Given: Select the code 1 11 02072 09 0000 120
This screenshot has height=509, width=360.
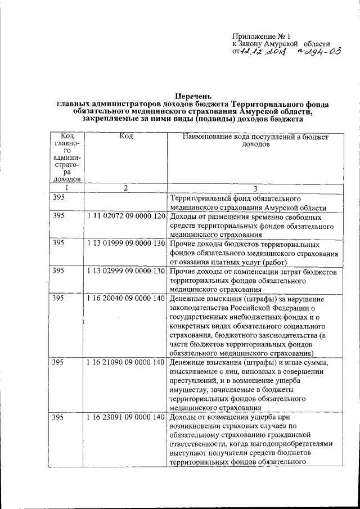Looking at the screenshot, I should (x=126, y=217).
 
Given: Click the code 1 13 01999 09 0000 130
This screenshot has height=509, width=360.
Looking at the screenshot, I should (x=126, y=244).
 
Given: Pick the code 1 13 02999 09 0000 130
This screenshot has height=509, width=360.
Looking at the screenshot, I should (x=126, y=271).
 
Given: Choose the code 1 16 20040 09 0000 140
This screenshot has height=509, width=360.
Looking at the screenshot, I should (x=126, y=299).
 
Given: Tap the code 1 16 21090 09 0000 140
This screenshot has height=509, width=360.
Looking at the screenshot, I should (x=126, y=362).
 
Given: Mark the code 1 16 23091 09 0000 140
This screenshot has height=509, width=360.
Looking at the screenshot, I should (x=126, y=417).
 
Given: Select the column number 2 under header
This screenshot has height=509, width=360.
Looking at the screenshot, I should (x=126, y=188).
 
